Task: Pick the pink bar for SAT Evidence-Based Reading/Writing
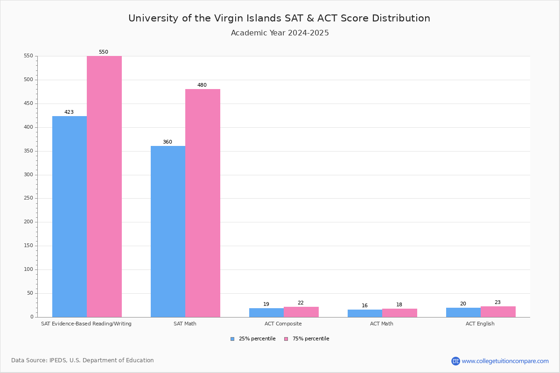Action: pos(104,186)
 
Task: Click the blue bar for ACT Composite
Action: pos(266,312)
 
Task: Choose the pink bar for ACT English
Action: pos(498,311)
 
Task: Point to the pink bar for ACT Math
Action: pos(399,313)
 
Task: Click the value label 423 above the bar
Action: pos(69,112)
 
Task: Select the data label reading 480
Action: pos(202,85)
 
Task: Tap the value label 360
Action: pos(167,142)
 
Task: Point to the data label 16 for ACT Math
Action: pos(364,306)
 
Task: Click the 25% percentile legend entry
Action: pos(253,339)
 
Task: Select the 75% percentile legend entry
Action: pos(307,339)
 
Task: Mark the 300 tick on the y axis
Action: pos(28,175)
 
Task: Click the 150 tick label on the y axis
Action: pos(28,246)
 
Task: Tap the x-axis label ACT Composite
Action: pos(283,324)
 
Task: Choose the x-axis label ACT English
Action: pos(480,324)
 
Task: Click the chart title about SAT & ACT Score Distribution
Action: pos(279,18)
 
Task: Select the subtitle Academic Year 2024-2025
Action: pos(280,33)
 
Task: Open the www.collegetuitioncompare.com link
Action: pos(505,361)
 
